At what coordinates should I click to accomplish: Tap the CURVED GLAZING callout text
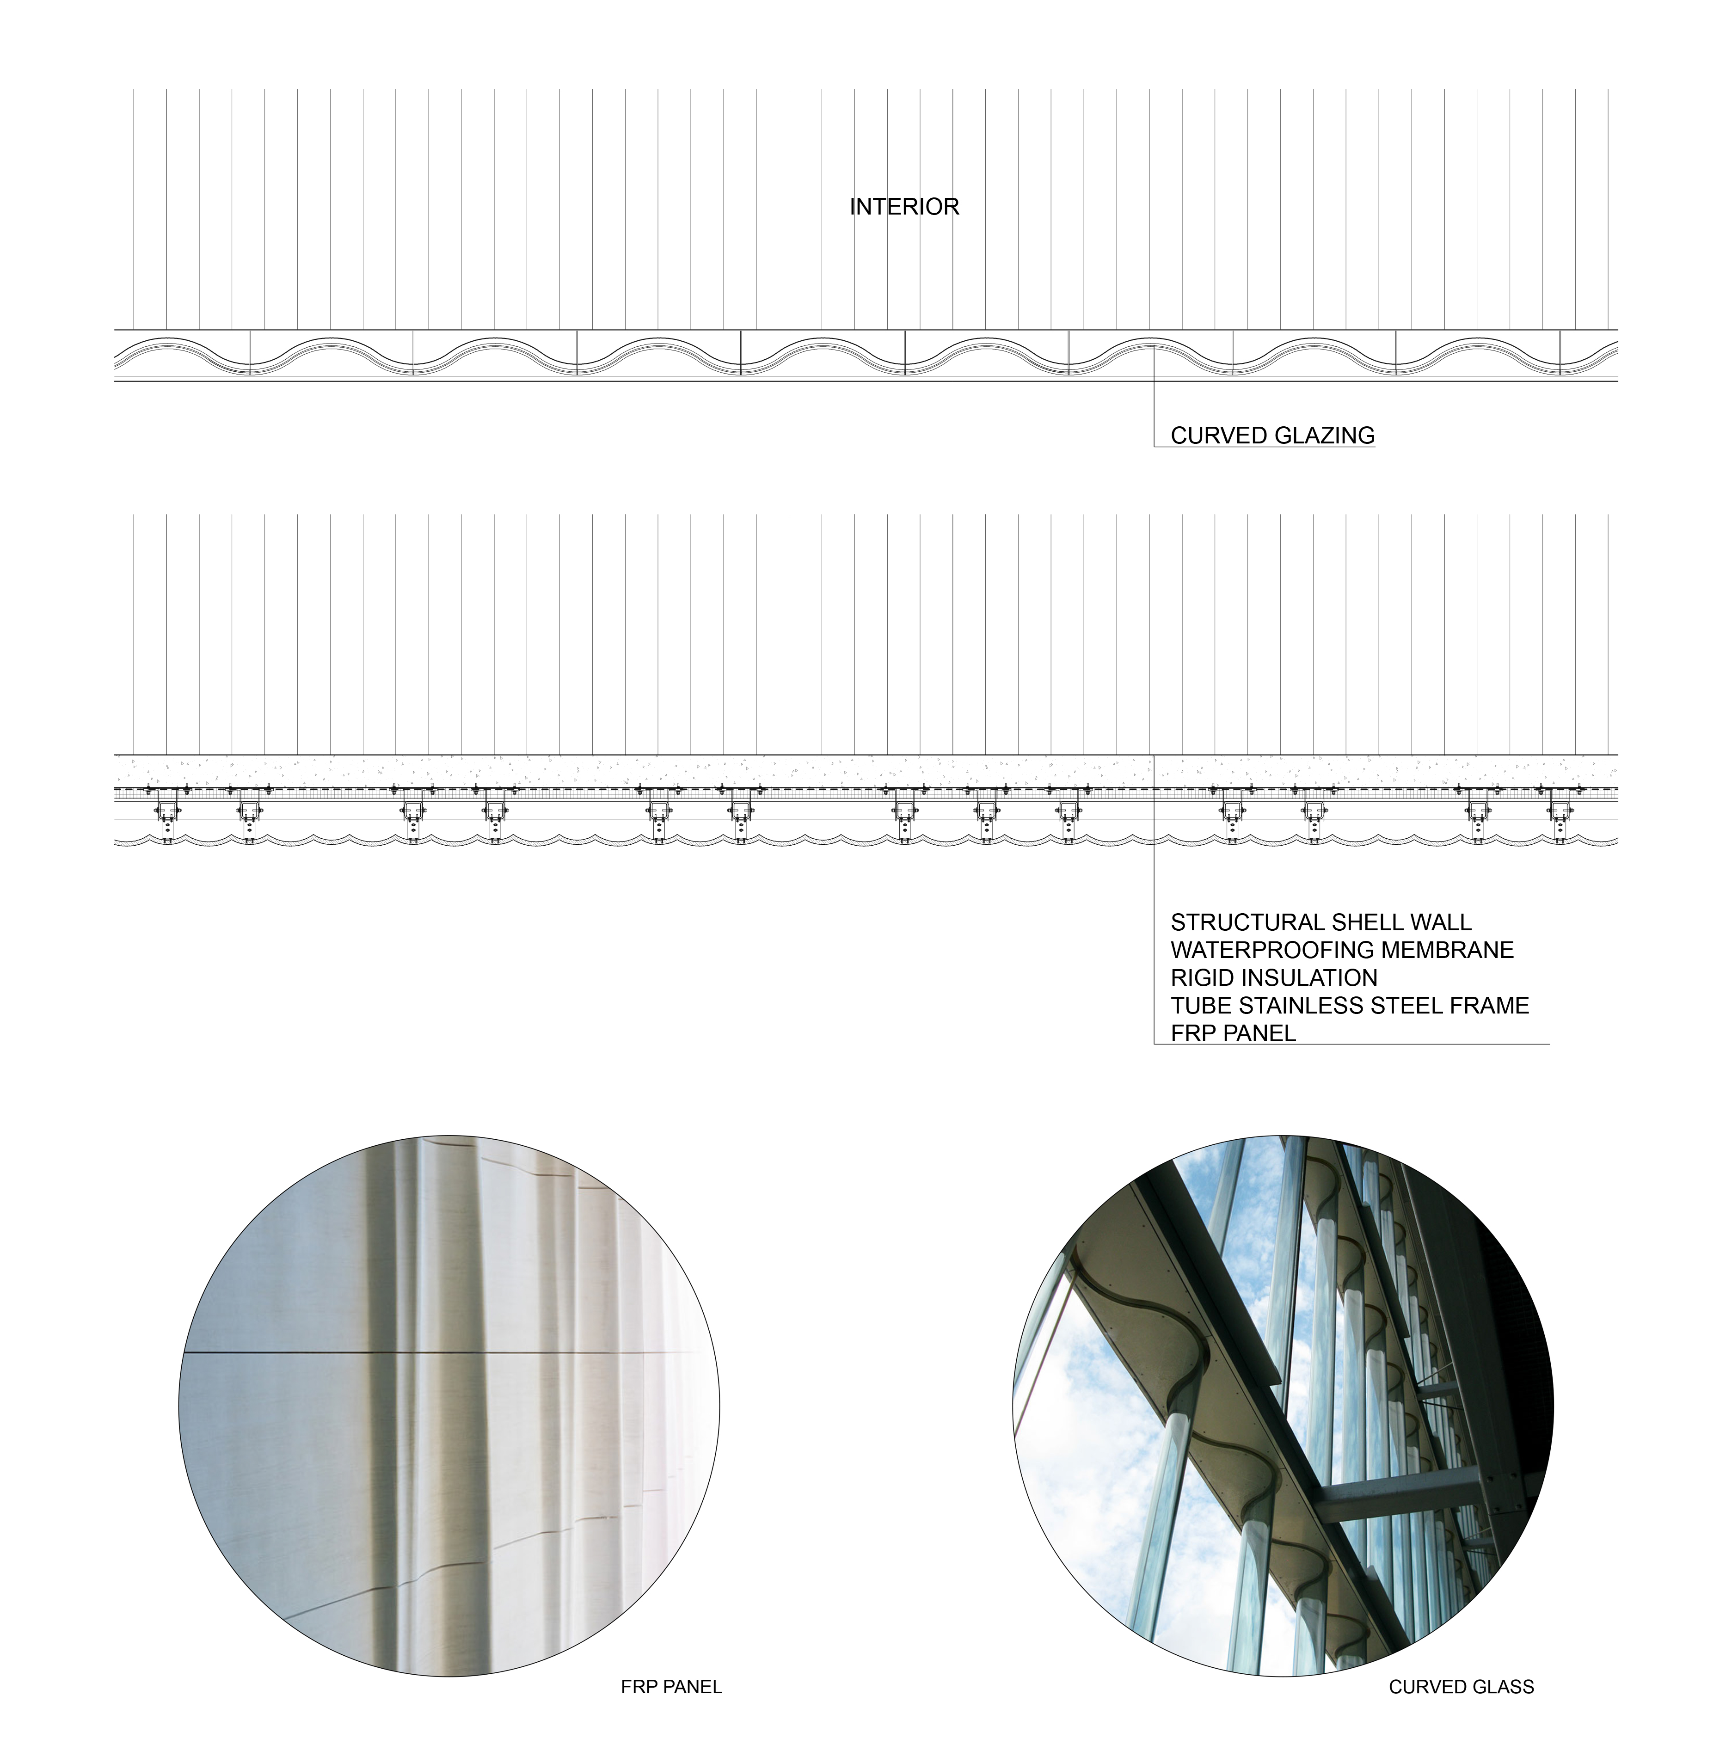point(1271,436)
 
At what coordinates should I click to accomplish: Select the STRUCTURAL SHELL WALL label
point(1320,922)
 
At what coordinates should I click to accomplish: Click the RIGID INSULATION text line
point(1273,978)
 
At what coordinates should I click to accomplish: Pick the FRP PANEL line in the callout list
point(1233,1033)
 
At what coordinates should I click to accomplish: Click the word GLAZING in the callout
point(1325,436)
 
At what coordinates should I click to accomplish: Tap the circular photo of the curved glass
point(1283,1406)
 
